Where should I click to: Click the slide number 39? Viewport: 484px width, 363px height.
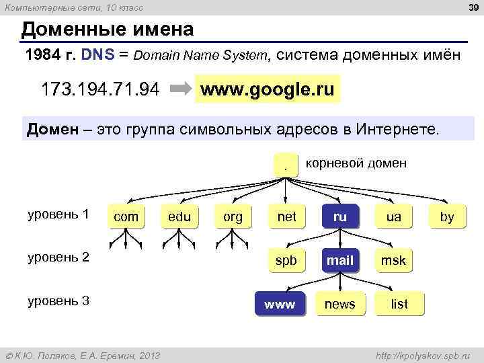(x=472, y=7)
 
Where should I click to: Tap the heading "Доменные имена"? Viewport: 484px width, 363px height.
(x=108, y=30)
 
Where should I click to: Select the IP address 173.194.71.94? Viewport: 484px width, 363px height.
(x=100, y=89)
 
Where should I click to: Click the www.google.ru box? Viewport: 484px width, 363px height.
(x=268, y=89)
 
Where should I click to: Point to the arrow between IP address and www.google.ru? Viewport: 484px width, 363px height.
(x=179, y=89)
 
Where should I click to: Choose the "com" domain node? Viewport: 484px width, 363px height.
(x=126, y=216)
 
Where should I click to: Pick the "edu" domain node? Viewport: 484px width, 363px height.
(x=179, y=216)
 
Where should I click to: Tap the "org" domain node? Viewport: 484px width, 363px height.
(x=233, y=216)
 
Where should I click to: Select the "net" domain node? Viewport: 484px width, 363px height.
(x=286, y=216)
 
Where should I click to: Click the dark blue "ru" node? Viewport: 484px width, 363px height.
(x=339, y=216)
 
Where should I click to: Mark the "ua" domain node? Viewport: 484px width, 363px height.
(x=393, y=216)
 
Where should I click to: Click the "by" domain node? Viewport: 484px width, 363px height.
(x=447, y=216)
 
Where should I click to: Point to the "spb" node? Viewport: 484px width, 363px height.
(x=286, y=260)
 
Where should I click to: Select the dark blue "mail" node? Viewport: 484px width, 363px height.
(x=339, y=260)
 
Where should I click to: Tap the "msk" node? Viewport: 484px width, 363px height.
(x=393, y=260)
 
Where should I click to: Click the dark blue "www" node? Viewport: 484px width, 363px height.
(x=280, y=304)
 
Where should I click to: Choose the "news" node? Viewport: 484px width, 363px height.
(x=339, y=304)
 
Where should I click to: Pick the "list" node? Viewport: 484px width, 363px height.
(x=399, y=304)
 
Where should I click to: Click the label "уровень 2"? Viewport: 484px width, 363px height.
(x=58, y=257)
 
